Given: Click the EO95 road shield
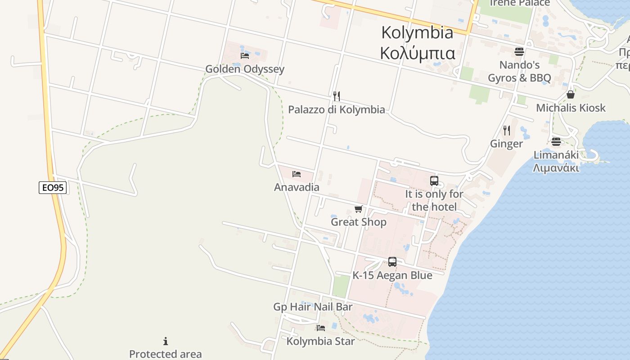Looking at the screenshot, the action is pos(53,188).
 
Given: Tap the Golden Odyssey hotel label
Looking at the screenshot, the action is pos(245,69).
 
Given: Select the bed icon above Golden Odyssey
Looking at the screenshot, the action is pos(245,55).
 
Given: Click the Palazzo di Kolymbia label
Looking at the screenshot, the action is pos(336,109).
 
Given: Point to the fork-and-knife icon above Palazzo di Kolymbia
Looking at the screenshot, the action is pos(336,96).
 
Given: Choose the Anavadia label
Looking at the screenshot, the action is pos(297,187).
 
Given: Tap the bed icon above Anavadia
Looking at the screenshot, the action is pos(297,174).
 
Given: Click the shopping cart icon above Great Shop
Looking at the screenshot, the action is pos(359,209).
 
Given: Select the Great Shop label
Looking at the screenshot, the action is pos(359,222).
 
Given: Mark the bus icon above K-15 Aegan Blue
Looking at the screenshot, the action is pos(392,262).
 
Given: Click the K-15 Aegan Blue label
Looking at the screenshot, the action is pos(392,275).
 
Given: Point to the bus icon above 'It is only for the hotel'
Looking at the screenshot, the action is pos(434,181).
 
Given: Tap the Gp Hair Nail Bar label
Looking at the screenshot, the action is pos(313,307).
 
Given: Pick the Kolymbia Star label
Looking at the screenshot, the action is pos(321,341).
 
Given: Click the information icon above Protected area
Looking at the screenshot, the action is pos(166,341).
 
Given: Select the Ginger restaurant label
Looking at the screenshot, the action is pos(507,144).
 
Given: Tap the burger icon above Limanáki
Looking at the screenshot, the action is pos(556,142).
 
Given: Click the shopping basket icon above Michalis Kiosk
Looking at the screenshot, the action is pos(571,94).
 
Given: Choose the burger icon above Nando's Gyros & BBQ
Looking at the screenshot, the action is pos(519,51).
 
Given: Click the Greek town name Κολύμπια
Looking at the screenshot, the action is pos(417,53).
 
